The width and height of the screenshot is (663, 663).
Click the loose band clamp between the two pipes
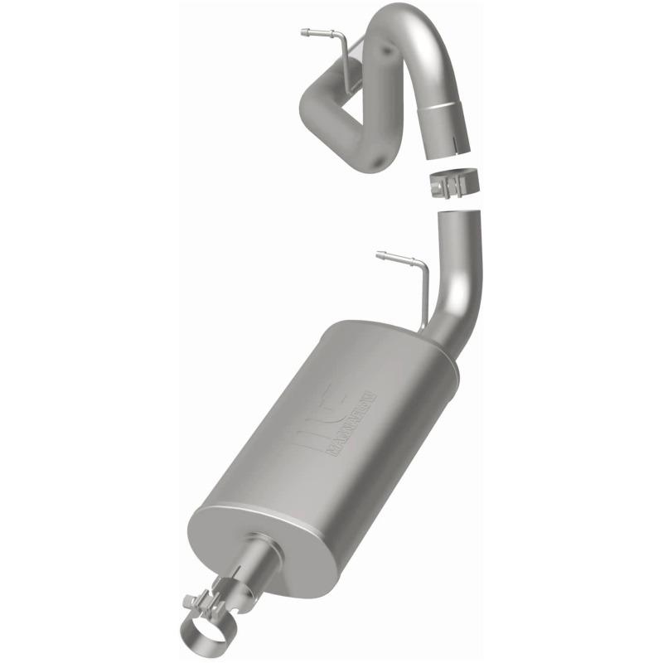[x=452, y=182]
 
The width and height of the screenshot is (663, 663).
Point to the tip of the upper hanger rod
[x=303, y=33]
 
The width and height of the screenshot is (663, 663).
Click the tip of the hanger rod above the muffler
[x=379, y=255]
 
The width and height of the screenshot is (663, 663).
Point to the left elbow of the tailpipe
[x=315, y=99]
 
